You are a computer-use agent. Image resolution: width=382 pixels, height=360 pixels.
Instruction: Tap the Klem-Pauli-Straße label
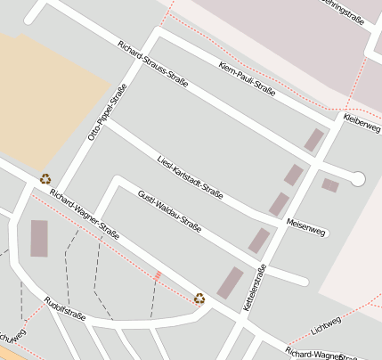pos(246,78)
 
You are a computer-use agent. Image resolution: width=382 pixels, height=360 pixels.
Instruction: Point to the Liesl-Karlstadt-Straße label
pos(189,175)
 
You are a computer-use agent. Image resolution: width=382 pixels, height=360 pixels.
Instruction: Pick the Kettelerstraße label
pos(254,288)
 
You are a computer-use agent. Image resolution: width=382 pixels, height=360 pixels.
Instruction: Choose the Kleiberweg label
pos(362,123)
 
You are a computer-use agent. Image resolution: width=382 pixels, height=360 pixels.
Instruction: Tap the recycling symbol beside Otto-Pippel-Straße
pos(45,178)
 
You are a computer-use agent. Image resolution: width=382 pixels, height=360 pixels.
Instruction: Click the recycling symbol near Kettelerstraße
pos(199,299)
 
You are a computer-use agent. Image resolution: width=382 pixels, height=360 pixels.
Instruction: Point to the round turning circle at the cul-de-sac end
pos(358,179)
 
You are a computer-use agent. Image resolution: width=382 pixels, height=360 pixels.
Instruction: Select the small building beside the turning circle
pos(330,185)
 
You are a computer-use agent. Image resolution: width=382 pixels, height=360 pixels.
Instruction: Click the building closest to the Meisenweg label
pos(280,204)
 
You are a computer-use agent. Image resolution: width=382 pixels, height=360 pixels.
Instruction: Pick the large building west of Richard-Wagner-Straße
pos(39,238)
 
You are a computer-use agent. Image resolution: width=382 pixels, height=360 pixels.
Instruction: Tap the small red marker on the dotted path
pos(158,275)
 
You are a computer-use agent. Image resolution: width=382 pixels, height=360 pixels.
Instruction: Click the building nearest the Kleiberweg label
pos(313,140)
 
